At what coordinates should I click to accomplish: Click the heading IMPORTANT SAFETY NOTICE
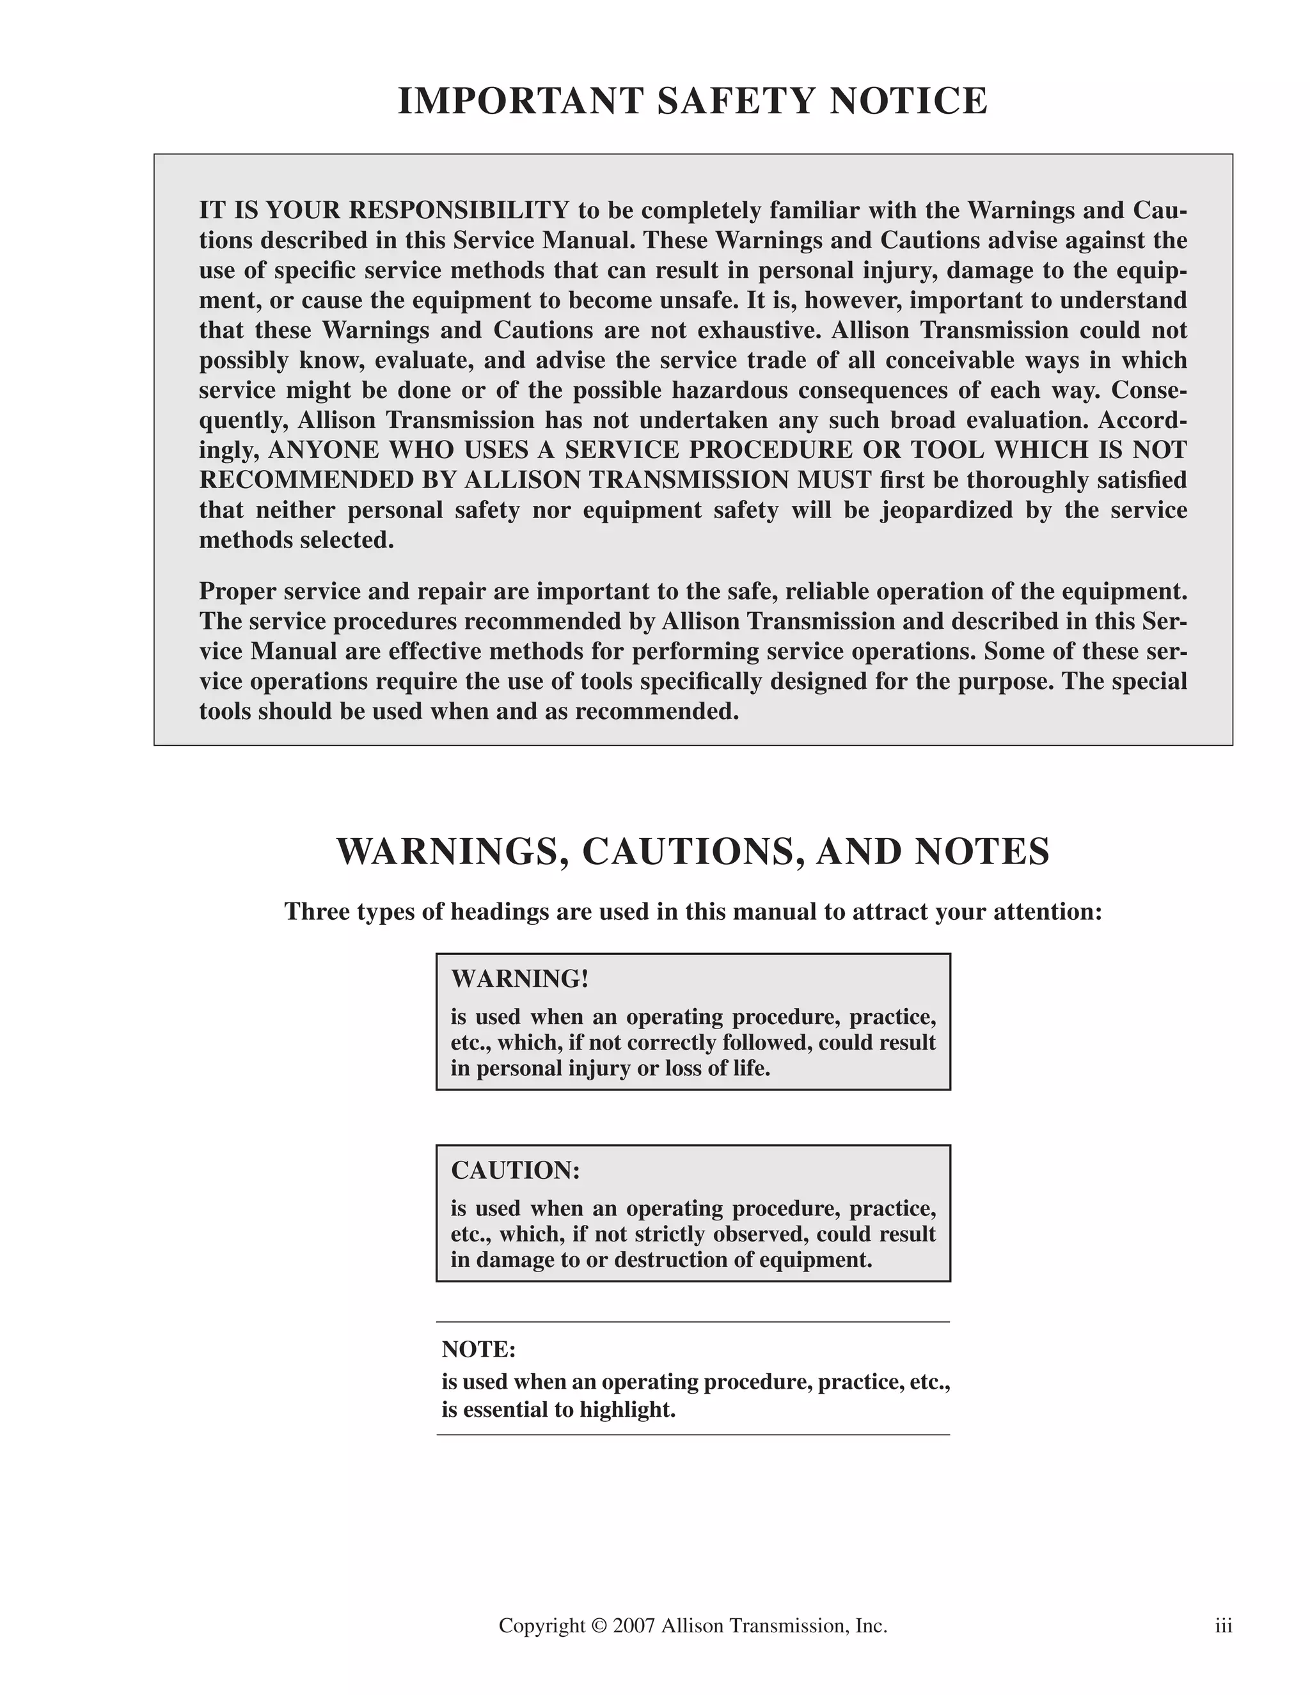click(x=693, y=102)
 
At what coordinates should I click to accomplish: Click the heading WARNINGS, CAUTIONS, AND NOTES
click(x=693, y=852)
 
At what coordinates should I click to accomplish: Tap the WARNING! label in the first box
click(x=520, y=979)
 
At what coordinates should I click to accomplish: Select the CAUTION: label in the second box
click(x=516, y=1171)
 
